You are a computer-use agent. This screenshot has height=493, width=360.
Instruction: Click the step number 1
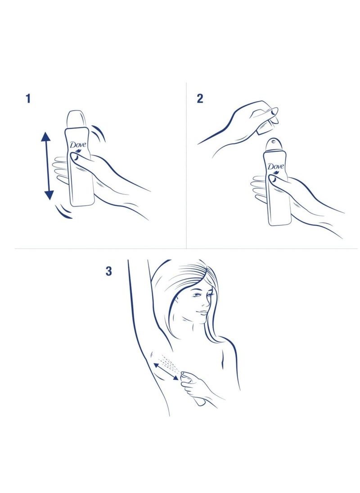28,99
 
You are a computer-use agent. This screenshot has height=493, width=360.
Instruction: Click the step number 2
200,99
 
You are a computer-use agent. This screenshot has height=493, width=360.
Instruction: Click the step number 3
109,271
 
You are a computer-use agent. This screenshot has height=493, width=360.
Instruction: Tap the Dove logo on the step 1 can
78,145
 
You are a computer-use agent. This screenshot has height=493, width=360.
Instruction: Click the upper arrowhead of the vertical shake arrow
46,137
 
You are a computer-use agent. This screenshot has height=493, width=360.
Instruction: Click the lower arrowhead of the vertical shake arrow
49,195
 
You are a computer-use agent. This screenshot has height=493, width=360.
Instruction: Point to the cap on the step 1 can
76,120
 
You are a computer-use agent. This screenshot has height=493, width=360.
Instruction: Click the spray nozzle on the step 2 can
273,142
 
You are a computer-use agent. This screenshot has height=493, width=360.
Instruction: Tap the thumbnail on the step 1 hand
75,156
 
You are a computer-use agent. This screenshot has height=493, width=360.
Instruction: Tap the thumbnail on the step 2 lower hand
272,179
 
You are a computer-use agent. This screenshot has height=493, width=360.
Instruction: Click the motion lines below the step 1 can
64,211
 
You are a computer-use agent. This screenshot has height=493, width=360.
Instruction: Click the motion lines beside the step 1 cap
99,133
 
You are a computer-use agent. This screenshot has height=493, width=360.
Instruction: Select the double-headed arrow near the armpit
166,371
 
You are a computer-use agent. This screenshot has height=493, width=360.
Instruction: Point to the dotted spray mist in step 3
169,365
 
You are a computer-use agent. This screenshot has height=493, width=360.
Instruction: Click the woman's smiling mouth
202,312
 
